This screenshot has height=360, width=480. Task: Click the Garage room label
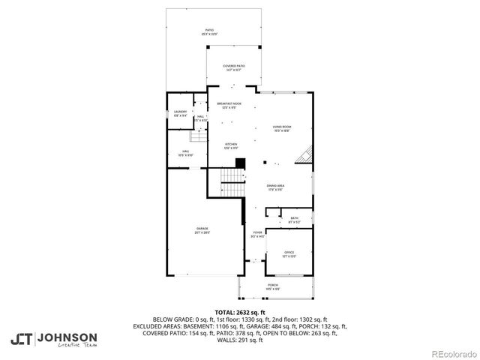pyautogui.click(x=202, y=230)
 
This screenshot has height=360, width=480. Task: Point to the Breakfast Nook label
pyautogui.click(x=229, y=105)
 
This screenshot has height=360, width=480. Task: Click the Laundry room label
pyautogui.click(x=180, y=114)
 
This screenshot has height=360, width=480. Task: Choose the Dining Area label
pyautogui.click(x=275, y=187)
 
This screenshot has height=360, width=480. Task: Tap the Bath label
pyautogui.click(x=295, y=220)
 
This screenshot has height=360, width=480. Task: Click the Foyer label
pyautogui.click(x=258, y=234)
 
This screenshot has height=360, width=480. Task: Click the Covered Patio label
pyautogui.click(x=233, y=68)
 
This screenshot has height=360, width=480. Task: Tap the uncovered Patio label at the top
pyautogui.click(x=209, y=32)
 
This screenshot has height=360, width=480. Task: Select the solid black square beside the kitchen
pyautogui.click(x=240, y=163)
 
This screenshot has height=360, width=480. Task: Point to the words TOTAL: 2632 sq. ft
pyautogui.click(x=240, y=312)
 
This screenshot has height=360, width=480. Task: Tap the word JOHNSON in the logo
pyautogui.click(x=67, y=336)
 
